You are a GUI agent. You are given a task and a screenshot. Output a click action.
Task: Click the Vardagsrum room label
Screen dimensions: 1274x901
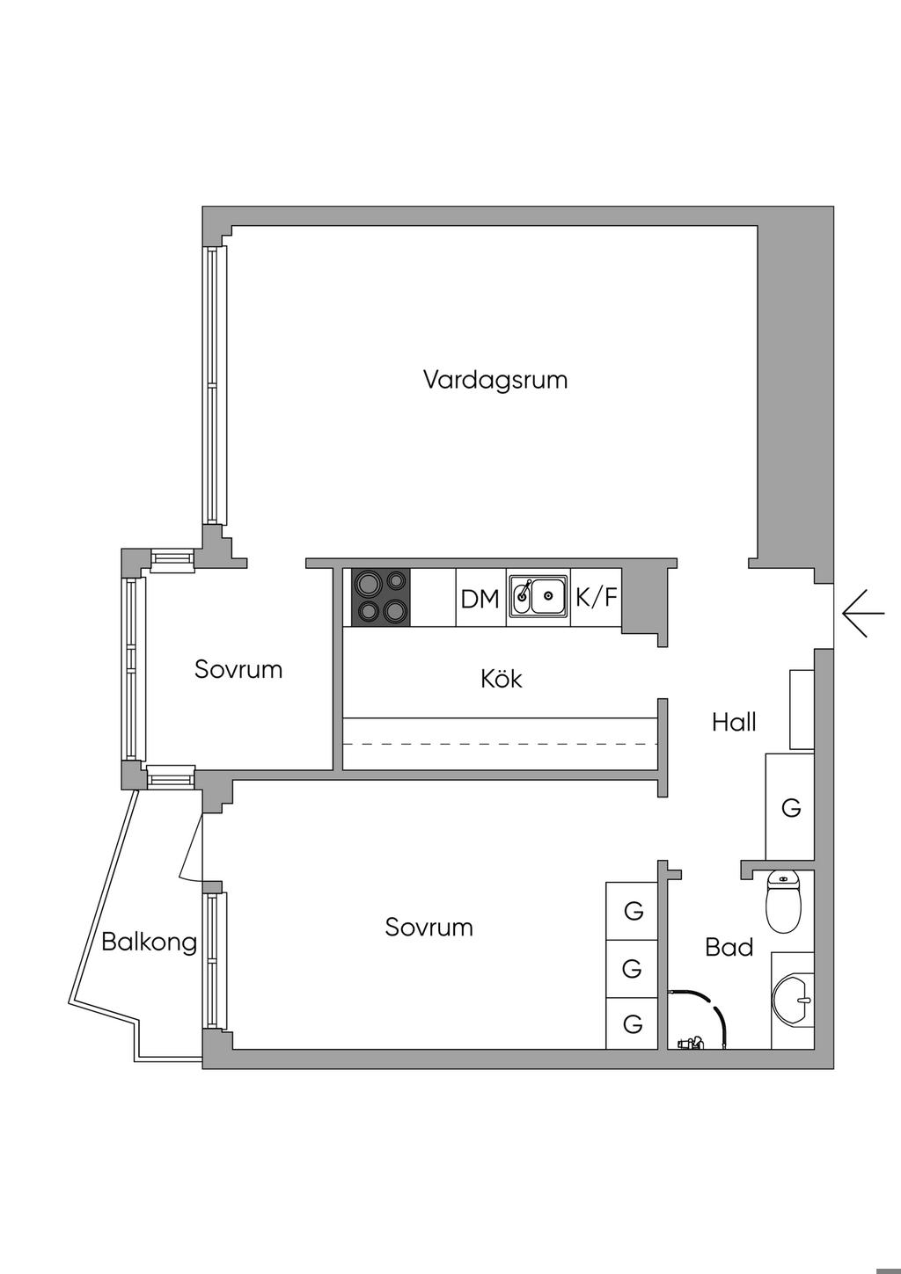click(494, 380)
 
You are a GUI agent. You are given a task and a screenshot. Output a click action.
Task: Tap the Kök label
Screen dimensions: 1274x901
click(502, 679)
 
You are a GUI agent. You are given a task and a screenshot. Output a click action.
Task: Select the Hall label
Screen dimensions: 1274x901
click(734, 723)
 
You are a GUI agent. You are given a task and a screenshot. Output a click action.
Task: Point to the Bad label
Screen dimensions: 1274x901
click(729, 947)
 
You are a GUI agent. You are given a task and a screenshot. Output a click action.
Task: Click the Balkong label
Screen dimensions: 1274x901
click(149, 942)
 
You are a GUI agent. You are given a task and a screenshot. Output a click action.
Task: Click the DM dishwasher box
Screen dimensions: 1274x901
click(480, 599)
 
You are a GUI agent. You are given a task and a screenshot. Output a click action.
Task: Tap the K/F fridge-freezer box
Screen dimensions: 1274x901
click(597, 598)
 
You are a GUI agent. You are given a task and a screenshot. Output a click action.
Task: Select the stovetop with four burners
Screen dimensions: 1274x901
click(381, 598)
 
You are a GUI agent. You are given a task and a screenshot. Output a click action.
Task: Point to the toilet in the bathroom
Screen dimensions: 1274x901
click(783, 900)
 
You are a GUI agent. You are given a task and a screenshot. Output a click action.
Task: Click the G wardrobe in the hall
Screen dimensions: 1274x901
click(790, 807)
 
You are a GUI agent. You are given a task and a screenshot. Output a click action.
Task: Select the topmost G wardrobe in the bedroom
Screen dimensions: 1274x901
click(633, 911)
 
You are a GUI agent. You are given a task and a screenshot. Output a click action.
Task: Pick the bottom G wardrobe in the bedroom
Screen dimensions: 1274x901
click(633, 1023)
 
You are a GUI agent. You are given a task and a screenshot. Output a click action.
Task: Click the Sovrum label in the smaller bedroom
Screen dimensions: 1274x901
click(238, 669)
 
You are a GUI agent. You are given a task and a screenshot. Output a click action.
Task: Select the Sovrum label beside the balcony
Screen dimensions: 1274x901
click(429, 927)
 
